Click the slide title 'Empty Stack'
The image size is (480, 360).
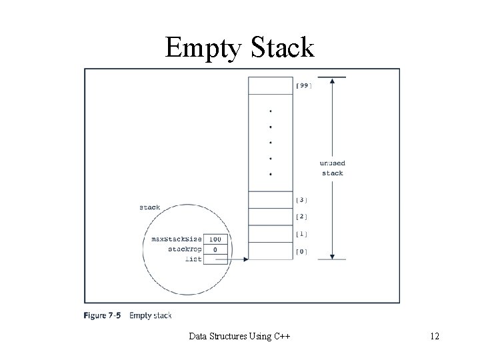click(239, 47)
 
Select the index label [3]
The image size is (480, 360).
click(301, 199)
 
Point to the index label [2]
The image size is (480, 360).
click(301, 217)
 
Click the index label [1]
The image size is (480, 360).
click(301, 234)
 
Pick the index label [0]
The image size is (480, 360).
click(301, 251)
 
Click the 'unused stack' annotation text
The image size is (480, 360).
click(333, 168)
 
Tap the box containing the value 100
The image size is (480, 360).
click(215, 239)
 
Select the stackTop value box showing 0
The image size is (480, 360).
click(215, 249)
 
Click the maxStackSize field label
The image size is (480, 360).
click(176, 239)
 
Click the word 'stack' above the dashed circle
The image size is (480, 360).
click(149, 207)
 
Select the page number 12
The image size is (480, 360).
click(435, 336)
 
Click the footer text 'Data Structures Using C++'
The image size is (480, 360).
click(240, 336)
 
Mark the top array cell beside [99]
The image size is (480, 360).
click(269, 85)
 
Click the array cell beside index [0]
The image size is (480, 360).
click(269, 251)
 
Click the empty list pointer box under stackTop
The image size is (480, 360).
click(215, 259)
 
